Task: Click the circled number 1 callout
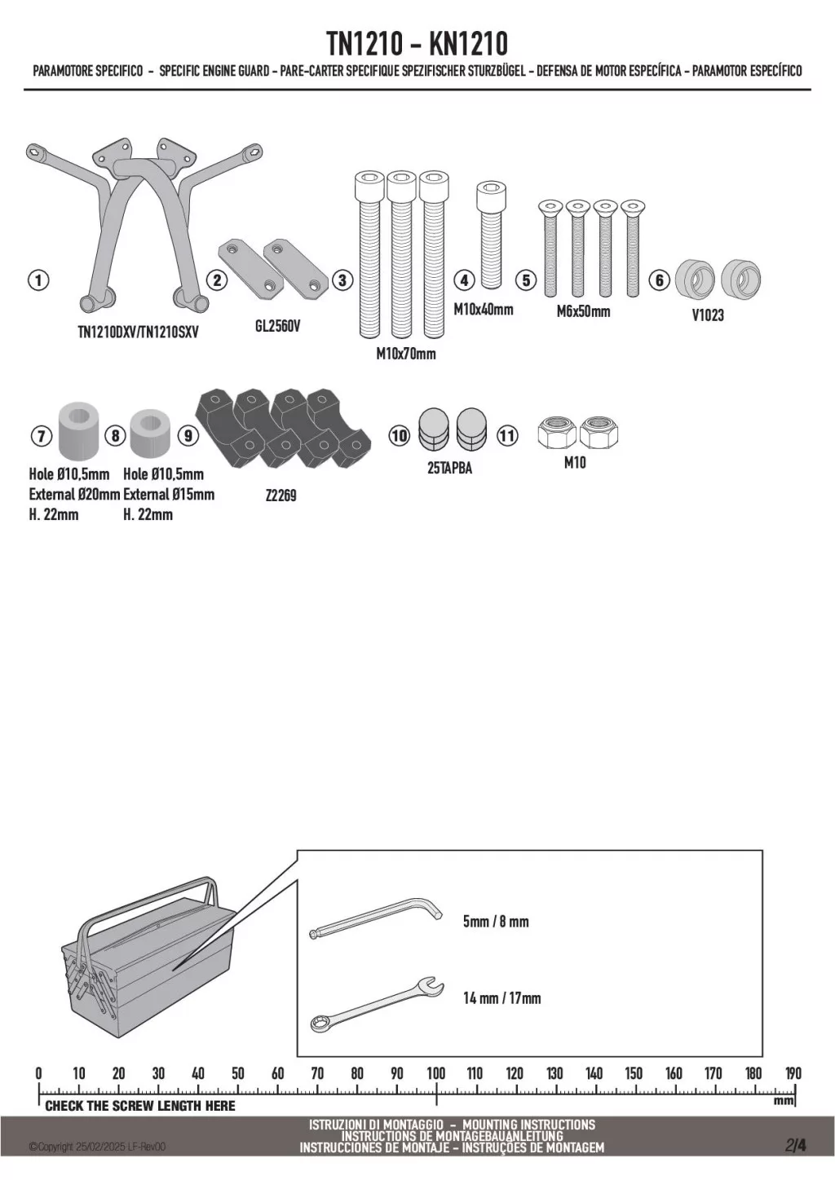click(38, 280)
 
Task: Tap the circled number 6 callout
click(659, 280)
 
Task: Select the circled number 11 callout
click(508, 435)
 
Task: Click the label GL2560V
click(278, 327)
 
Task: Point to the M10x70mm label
click(406, 354)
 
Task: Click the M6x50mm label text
click(584, 311)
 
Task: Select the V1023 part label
click(708, 315)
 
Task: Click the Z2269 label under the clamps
click(281, 495)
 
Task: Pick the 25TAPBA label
click(449, 469)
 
